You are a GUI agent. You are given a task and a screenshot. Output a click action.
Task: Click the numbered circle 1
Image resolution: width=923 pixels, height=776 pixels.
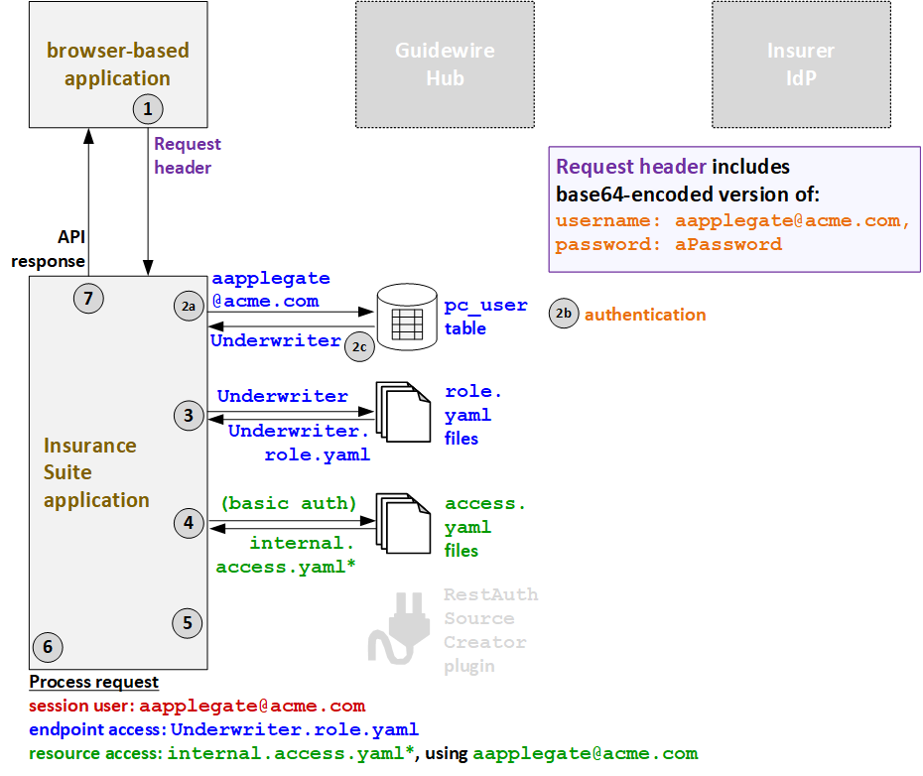[x=148, y=108]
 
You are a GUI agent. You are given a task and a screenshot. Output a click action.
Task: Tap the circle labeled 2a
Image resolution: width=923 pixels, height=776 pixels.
[x=188, y=308]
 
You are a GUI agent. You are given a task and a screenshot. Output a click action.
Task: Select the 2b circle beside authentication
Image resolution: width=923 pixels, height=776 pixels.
[x=564, y=315]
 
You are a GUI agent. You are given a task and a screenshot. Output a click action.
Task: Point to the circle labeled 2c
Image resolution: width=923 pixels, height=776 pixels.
[x=359, y=346]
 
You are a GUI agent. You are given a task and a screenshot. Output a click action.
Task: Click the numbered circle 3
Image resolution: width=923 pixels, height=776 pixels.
[x=188, y=416]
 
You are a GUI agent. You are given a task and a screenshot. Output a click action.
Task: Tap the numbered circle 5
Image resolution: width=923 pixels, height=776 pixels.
[x=187, y=622]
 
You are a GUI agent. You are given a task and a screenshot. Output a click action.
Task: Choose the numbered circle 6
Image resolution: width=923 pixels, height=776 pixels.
[x=47, y=647]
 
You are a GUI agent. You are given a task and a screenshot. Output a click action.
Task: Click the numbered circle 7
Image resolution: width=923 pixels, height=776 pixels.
[x=88, y=298]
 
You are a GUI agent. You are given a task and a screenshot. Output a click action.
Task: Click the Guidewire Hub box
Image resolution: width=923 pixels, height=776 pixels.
[x=445, y=65]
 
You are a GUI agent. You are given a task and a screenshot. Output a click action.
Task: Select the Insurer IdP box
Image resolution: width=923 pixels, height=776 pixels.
[x=801, y=65]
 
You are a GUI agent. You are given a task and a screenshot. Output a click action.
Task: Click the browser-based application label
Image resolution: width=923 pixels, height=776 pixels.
[x=117, y=64]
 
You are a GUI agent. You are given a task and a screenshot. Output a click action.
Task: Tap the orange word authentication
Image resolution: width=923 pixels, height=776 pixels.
[x=645, y=315]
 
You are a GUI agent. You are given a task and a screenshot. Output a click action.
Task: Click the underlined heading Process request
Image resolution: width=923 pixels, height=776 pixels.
[x=93, y=682]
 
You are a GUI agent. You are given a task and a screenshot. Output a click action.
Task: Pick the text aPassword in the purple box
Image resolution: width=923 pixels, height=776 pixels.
[x=728, y=244]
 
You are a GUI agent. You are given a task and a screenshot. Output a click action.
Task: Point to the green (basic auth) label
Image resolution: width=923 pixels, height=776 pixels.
[x=288, y=503]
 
